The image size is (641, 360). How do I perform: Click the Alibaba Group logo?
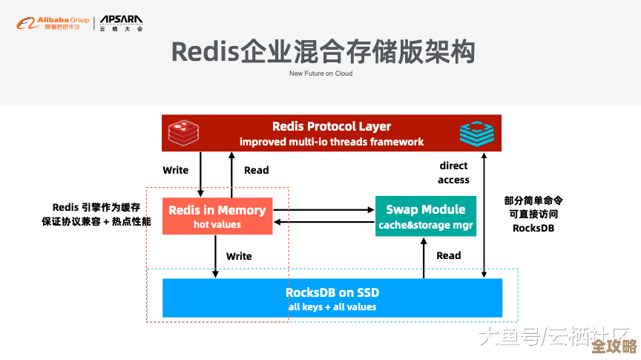click(51, 24)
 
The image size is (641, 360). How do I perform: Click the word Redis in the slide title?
click(203, 52)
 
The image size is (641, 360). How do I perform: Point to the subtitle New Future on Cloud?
click(320, 73)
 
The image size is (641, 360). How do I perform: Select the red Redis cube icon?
click(182, 133)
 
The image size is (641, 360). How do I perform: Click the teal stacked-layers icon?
click(476, 133)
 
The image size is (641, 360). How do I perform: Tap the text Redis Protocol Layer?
click(332, 126)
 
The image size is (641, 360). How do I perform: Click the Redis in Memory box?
click(217, 216)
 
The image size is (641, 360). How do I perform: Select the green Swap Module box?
click(421, 216)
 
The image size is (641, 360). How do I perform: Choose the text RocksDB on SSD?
click(332, 292)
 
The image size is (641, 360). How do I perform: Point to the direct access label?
click(453, 172)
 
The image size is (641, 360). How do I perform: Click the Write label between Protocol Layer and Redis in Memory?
click(176, 170)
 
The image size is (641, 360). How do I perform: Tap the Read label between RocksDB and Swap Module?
click(448, 255)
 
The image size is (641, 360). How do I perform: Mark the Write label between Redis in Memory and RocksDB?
click(239, 256)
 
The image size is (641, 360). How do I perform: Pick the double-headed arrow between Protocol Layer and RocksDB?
click(484, 215)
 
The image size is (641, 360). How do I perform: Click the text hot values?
click(217, 224)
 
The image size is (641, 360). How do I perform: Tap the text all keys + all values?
click(332, 307)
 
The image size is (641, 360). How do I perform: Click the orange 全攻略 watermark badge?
click(614, 347)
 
